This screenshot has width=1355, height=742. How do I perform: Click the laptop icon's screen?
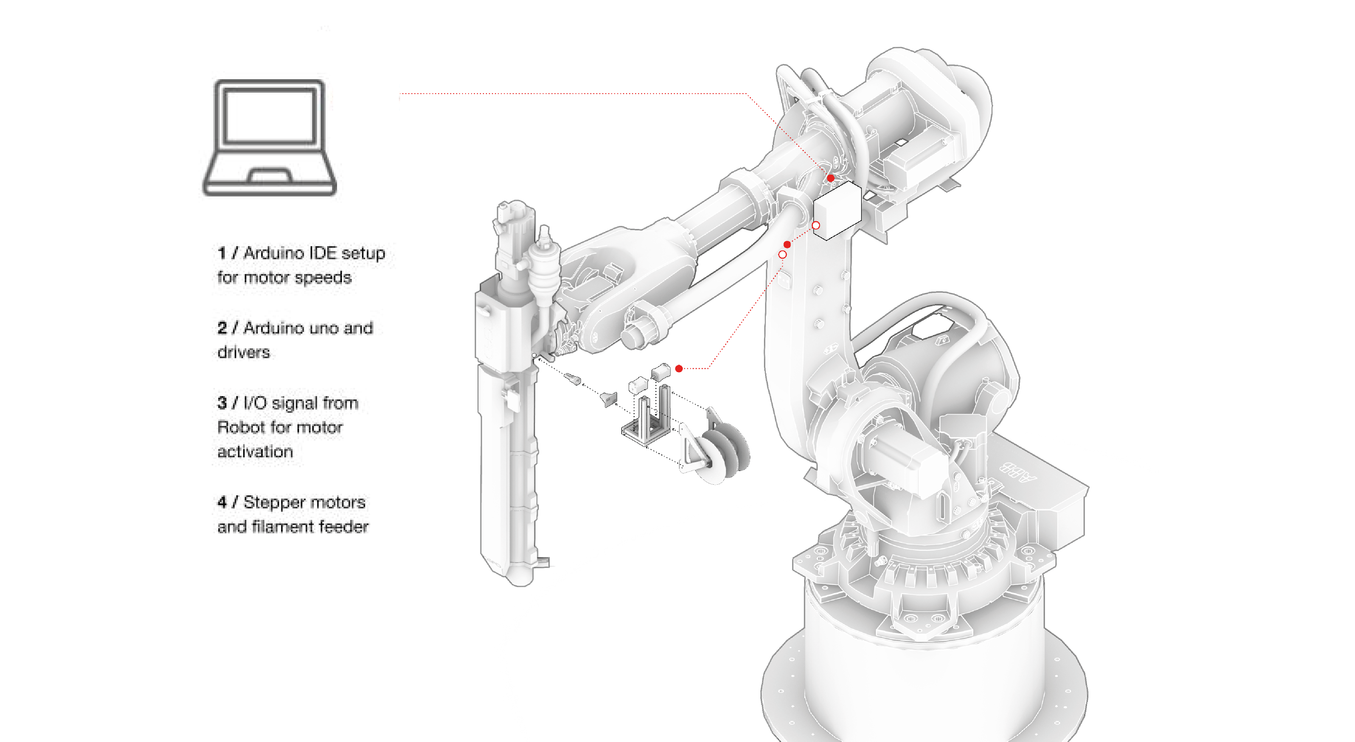(x=270, y=116)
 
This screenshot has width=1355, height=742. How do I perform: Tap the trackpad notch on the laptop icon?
(x=270, y=175)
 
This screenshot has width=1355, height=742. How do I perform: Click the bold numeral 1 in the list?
(x=222, y=253)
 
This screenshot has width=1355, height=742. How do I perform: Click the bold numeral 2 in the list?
(x=222, y=328)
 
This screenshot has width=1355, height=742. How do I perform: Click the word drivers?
(x=244, y=353)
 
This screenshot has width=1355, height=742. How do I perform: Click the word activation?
(x=255, y=452)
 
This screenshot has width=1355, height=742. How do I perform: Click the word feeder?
(x=343, y=527)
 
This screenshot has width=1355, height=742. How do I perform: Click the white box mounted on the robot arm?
(x=837, y=210)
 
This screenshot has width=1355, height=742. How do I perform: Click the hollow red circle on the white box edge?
(x=816, y=225)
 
